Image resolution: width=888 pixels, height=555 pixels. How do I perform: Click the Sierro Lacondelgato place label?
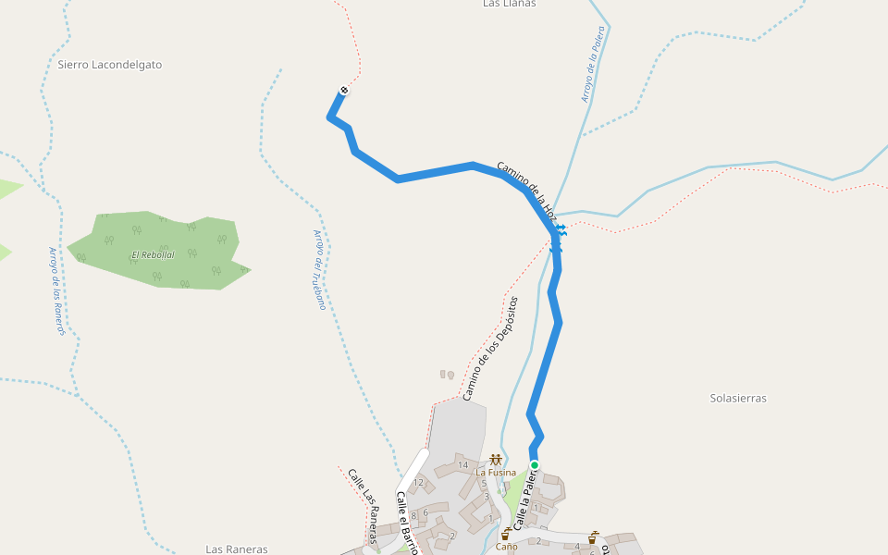(109, 65)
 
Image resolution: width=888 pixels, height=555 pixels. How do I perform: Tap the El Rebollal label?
(153, 254)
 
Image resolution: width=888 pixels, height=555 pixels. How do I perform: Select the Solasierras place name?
(738, 398)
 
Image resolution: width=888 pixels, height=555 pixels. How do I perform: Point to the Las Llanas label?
(509, 4)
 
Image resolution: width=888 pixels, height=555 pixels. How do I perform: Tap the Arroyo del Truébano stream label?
(319, 269)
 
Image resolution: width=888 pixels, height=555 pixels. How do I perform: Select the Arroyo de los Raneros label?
(57, 290)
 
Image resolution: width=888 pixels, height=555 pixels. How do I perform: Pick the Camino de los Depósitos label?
(491, 349)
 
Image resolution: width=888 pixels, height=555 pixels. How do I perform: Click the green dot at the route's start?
(534, 464)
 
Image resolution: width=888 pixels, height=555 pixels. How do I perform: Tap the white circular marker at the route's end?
(344, 90)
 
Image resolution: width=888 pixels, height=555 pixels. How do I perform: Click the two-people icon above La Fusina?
(496, 460)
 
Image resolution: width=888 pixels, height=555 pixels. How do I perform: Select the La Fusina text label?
(496, 473)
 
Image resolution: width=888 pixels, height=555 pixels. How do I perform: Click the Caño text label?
(506, 546)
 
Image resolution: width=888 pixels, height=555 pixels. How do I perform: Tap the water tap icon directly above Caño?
(505, 534)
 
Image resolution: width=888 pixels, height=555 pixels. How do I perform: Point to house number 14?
(462, 464)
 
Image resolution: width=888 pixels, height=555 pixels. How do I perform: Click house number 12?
(418, 482)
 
